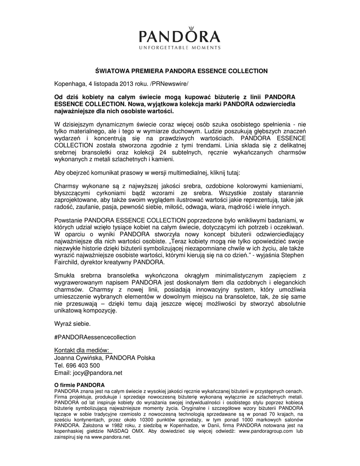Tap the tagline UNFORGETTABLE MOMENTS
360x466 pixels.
click(180, 47)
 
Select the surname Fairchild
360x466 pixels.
click(68, 263)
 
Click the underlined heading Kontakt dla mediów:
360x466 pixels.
click(82, 350)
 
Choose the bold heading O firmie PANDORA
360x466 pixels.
click(79, 385)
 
